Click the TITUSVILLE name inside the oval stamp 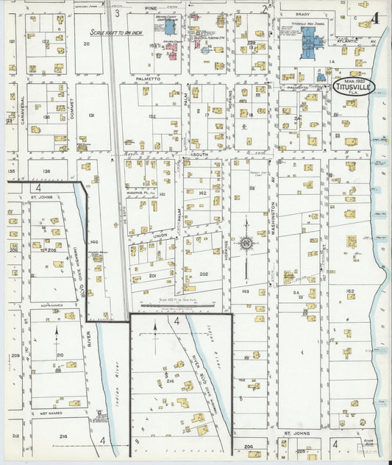(352, 86)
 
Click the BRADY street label (303, 13)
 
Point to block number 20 (86, 44)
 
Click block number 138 (46, 171)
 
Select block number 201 (153, 275)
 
